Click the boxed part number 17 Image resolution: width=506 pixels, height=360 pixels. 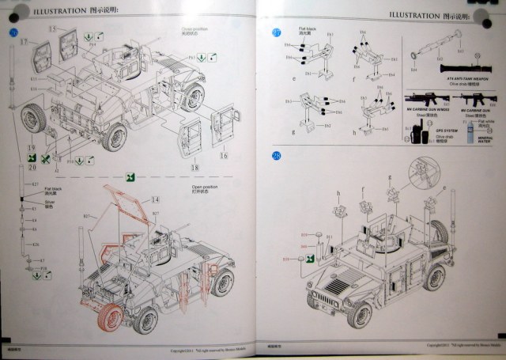tap(24, 41)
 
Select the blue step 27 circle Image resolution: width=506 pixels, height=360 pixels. tap(276, 33)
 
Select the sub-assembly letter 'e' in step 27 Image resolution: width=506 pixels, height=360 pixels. tap(293, 79)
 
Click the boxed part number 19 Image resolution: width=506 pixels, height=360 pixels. tap(31, 148)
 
